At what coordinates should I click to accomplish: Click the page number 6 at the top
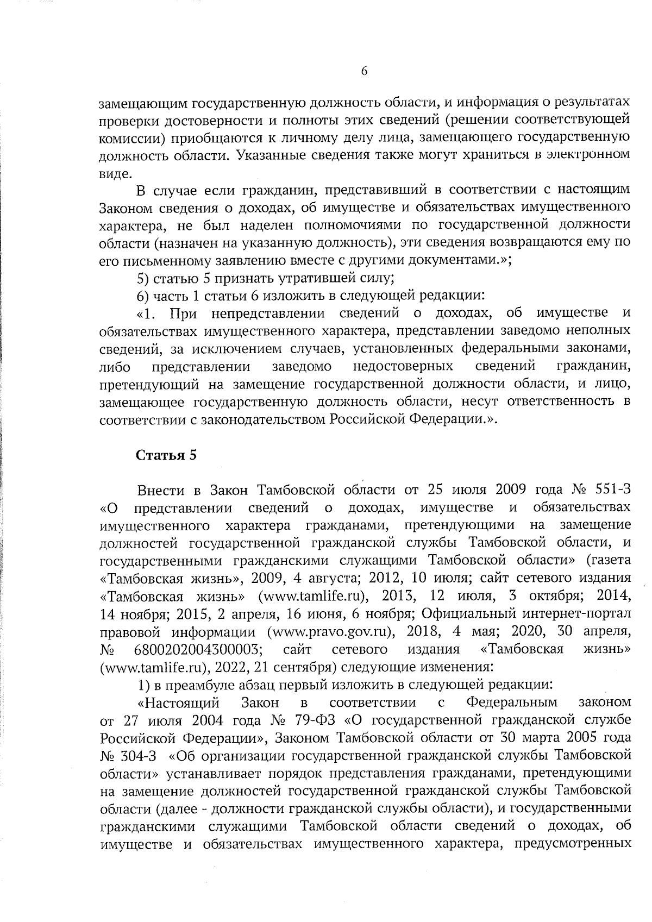tap(365, 71)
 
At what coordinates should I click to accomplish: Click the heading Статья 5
tap(166, 455)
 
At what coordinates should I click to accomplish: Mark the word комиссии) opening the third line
tap(134, 137)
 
